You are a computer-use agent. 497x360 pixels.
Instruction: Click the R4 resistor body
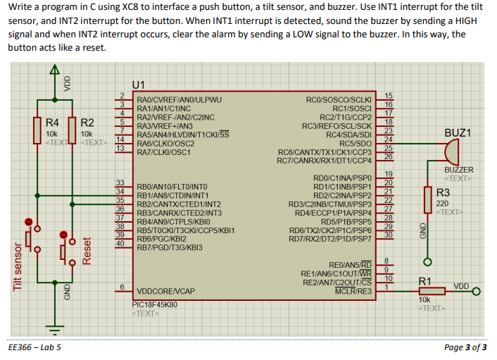tap(37, 130)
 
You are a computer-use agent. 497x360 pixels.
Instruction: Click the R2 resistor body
tap(73, 130)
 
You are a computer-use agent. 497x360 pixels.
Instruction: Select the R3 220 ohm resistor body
tap(427, 200)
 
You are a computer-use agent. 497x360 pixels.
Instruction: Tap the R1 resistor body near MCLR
tap(432, 291)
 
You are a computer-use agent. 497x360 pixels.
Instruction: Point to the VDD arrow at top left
tap(54, 70)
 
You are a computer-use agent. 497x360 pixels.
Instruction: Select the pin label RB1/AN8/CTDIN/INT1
tap(172, 195)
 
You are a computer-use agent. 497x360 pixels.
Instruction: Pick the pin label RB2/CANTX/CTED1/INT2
tap(179, 204)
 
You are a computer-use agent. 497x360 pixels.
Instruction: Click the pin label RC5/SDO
tap(356, 143)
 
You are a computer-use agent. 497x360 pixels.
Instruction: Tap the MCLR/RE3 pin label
tap(353, 291)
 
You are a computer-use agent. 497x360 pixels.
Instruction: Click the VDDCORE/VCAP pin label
tap(165, 291)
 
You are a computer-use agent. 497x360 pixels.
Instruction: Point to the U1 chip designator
tap(138, 85)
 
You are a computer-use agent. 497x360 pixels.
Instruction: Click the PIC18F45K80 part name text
tap(155, 304)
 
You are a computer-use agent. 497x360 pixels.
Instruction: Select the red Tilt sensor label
tap(18, 267)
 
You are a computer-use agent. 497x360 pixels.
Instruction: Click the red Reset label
tap(87, 251)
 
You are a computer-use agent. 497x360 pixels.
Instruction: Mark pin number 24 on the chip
tap(389, 139)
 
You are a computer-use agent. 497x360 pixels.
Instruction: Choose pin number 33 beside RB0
tap(120, 182)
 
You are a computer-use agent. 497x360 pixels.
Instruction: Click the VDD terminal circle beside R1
tap(476, 291)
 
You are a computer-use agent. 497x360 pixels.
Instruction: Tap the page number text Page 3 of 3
tap(465, 347)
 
